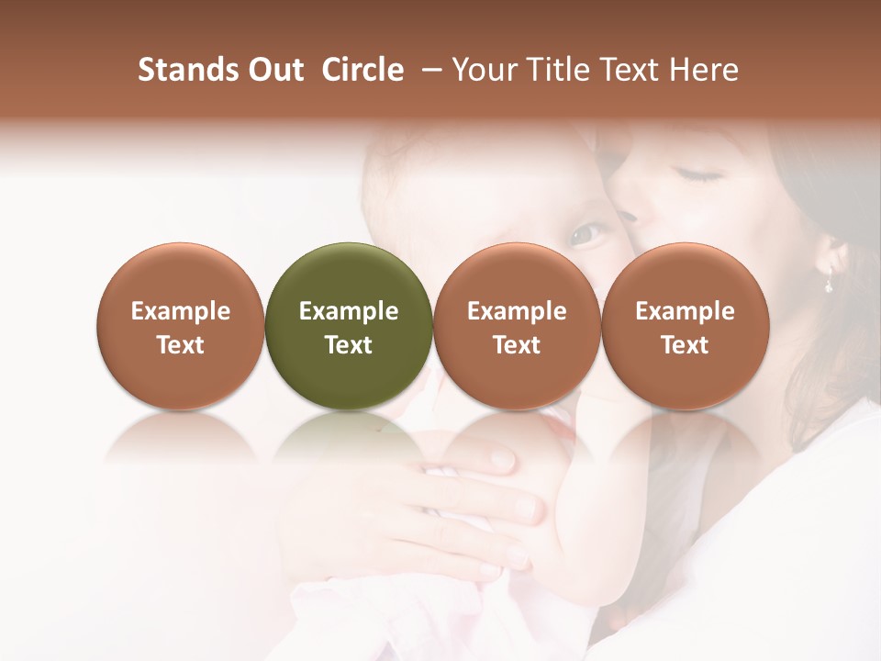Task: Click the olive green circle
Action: (349, 326)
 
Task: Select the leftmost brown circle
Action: (180, 326)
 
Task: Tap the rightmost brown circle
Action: (685, 326)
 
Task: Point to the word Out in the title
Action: (274, 70)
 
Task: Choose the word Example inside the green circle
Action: (349, 311)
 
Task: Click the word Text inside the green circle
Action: (349, 345)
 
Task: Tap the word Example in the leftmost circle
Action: (180, 311)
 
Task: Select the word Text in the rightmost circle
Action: (685, 345)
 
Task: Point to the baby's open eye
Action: (585, 236)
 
